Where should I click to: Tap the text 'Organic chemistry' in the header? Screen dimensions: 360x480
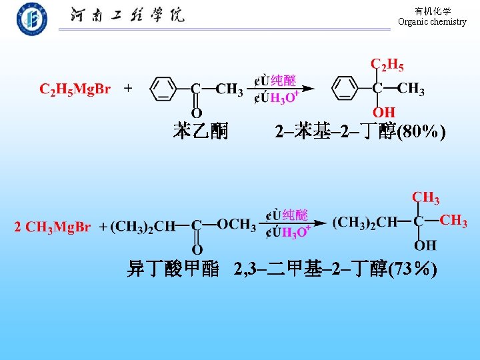(x=432, y=22)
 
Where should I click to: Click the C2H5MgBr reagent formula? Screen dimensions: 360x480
(x=75, y=89)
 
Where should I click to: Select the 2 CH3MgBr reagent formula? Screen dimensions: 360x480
(x=53, y=227)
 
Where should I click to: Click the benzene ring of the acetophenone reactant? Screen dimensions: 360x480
(x=163, y=89)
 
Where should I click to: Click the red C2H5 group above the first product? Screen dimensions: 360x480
(x=387, y=65)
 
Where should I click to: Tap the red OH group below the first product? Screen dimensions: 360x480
(x=384, y=112)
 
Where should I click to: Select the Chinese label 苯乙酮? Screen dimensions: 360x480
(x=200, y=131)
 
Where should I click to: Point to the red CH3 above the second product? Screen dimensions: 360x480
(x=425, y=198)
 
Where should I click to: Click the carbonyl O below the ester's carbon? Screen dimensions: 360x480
(x=197, y=249)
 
